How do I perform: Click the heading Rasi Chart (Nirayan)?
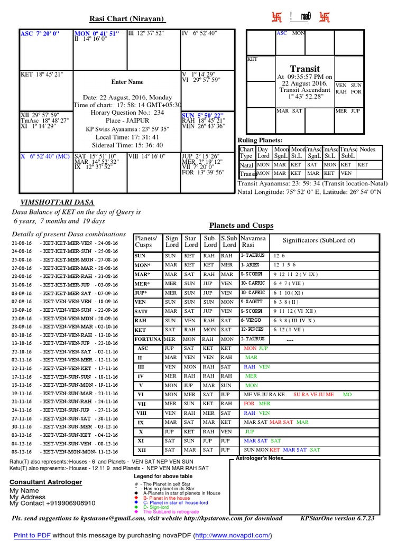click(127, 20)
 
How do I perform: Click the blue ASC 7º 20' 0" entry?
click(40, 33)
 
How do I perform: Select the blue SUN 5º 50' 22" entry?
click(202, 115)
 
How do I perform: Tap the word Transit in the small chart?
click(305, 69)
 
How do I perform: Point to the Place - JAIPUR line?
click(127, 120)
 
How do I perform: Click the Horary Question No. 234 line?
click(127, 113)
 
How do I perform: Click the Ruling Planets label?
click(260, 139)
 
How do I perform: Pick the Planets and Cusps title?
click(242, 226)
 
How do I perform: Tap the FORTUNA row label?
click(147, 339)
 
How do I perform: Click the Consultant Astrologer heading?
click(45, 482)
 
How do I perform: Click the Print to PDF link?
click(32, 535)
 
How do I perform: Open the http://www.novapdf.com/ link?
click(233, 535)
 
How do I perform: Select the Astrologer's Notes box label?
click(260, 458)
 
